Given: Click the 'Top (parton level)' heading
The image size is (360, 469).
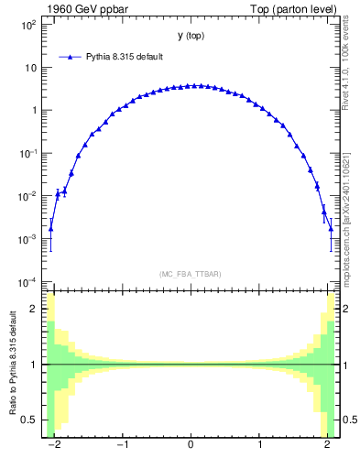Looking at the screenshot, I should (300, 9).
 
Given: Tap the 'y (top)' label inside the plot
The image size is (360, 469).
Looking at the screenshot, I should (191, 36).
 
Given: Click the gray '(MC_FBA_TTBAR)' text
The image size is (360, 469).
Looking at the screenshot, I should (191, 274).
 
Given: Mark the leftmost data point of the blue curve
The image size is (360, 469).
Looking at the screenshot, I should (50, 229).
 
